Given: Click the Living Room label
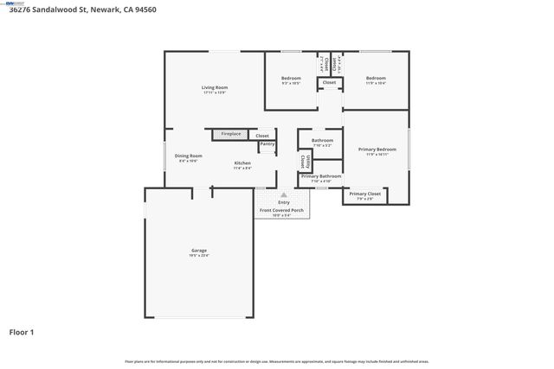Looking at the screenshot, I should [x=215, y=87].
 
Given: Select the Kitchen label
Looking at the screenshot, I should [x=242, y=163].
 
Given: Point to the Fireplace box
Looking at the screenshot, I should [x=230, y=134].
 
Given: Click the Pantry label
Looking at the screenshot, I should [x=267, y=143].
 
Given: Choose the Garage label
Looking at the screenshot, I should [x=200, y=251].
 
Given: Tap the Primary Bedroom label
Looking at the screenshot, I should [x=377, y=149].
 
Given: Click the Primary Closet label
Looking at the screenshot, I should [x=364, y=194].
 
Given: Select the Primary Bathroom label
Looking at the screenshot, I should [x=321, y=176].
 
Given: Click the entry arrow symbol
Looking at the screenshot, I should [x=284, y=195].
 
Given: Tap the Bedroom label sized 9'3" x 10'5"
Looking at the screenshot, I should [x=291, y=79].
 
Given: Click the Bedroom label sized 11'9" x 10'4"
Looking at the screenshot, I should [x=376, y=79].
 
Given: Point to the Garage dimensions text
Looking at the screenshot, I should [x=200, y=256].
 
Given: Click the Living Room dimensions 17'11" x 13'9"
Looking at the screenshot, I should [x=215, y=92].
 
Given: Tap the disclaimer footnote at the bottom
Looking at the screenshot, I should [x=277, y=361].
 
